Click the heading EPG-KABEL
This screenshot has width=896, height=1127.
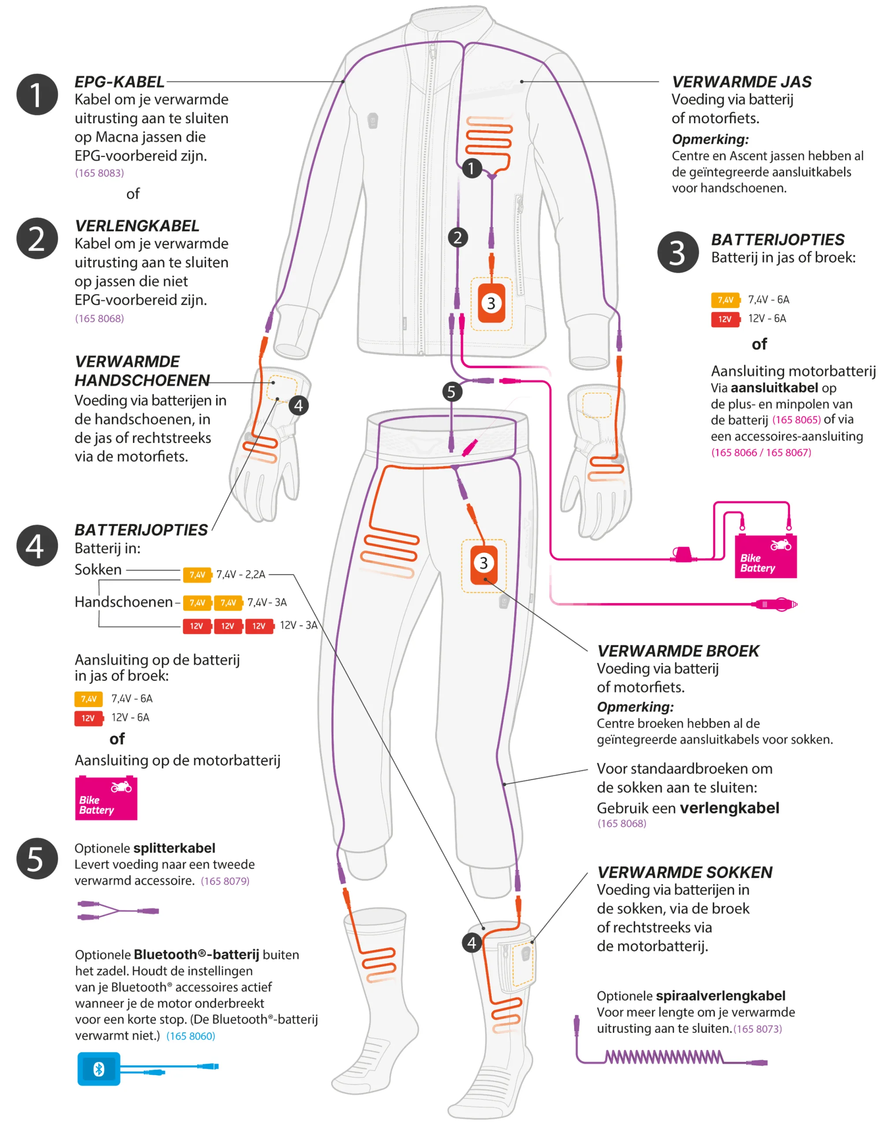(119, 82)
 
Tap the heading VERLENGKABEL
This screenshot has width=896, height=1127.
(137, 226)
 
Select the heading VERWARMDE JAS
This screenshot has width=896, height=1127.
(741, 82)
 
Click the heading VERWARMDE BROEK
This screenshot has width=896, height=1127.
(678, 651)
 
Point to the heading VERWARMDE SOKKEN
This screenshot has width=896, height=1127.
(685, 873)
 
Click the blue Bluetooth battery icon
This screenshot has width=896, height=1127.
(99, 1069)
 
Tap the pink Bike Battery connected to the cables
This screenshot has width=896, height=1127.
(765, 556)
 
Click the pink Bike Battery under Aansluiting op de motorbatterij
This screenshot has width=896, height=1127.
(106, 798)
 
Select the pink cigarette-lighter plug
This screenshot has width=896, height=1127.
(775, 604)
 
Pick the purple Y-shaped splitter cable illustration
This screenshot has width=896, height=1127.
(118, 910)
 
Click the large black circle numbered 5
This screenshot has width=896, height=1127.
(37, 859)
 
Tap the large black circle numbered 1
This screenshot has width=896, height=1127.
(37, 95)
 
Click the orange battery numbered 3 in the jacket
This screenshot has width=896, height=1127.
(491, 303)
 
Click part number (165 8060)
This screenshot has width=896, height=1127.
(191, 1036)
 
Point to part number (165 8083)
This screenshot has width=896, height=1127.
(100, 173)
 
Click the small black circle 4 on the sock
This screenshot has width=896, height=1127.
(472, 943)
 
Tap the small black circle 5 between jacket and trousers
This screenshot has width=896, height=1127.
(452, 391)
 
